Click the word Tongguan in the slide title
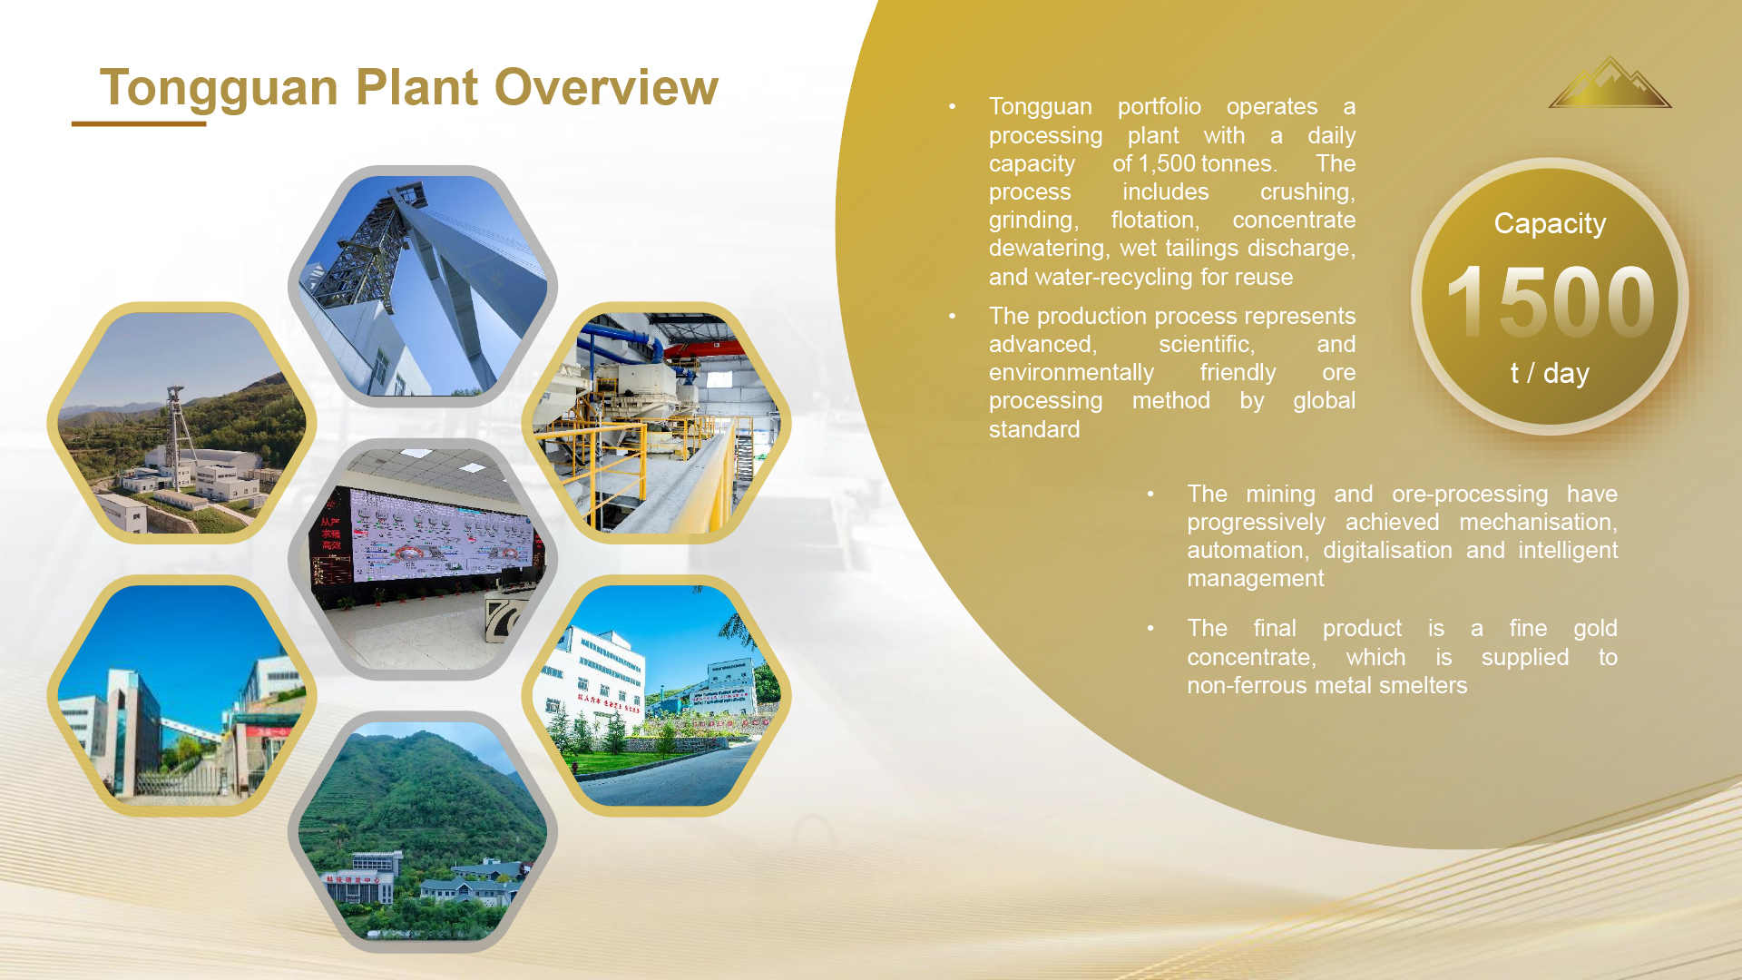[219, 89]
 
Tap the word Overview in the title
[607, 87]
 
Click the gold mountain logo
[1610, 83]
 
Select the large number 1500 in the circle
[1551, 300]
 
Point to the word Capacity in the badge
[1550, 224]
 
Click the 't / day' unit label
[1550, 373]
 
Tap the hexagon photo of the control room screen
[423, 560]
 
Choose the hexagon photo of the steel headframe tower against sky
[423, 287]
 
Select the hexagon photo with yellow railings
[656, 423]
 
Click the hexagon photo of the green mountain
[423, 832]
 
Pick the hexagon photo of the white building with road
[656, 696]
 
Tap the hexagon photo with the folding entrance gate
[181, 696]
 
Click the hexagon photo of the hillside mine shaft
[181, 423]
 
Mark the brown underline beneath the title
[139, 123]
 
